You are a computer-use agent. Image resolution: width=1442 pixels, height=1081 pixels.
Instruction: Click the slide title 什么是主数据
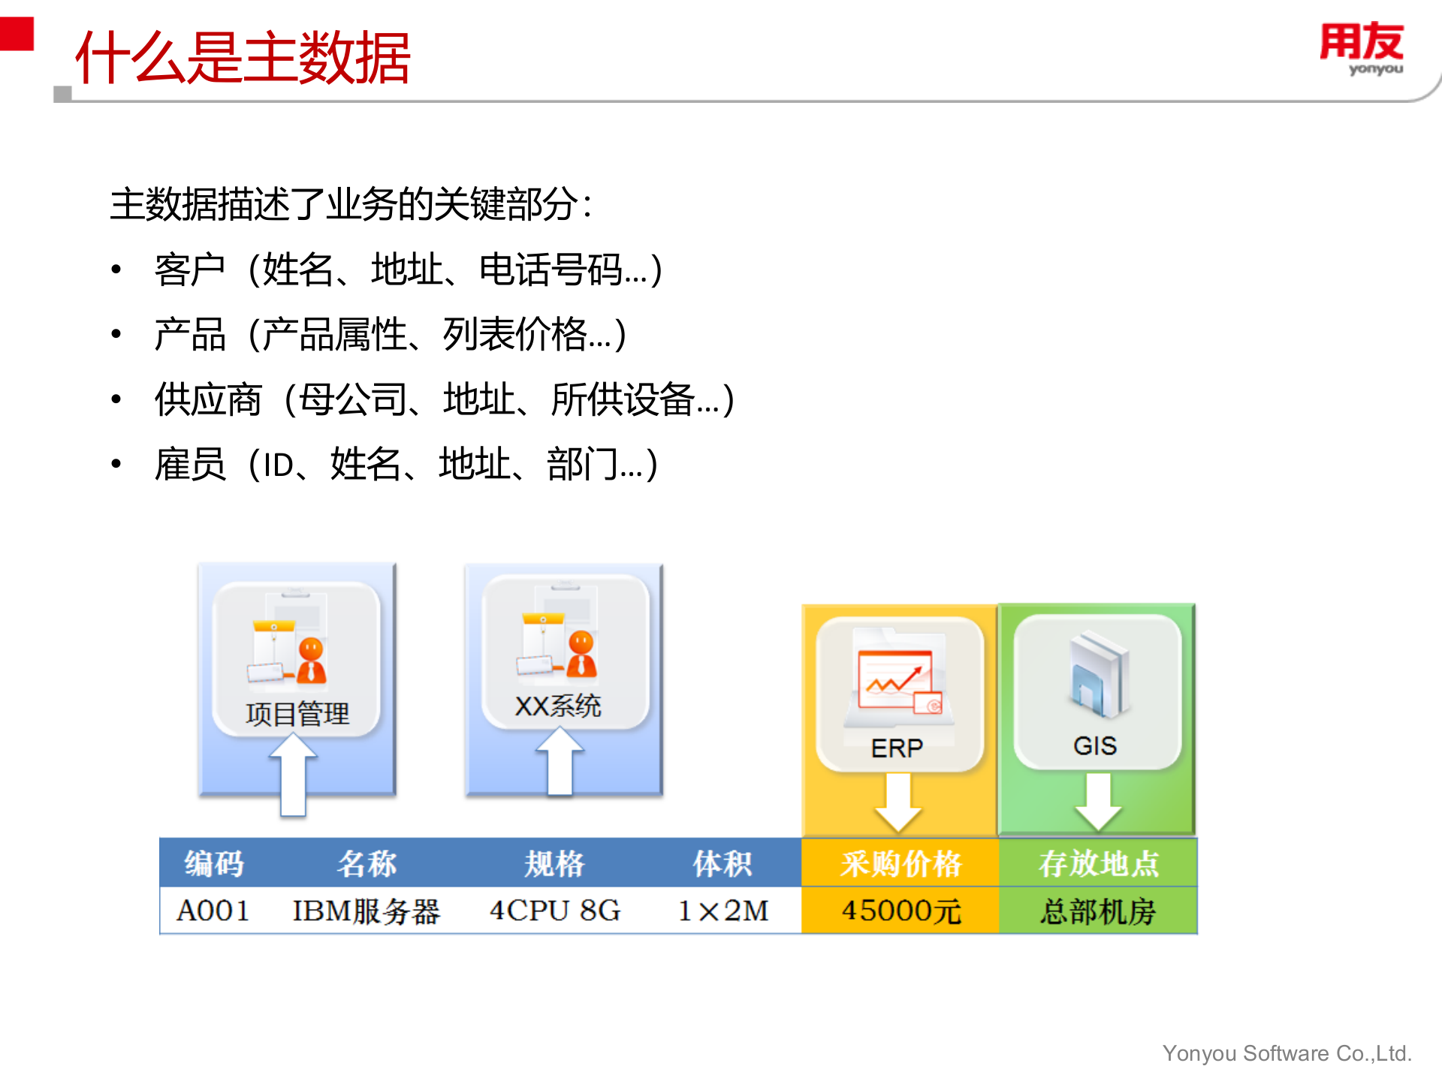(x=243, y=58)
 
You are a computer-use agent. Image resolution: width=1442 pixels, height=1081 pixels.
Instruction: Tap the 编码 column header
(x=214, y=863)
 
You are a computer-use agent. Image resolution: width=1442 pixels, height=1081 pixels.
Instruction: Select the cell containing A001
(x=213, y=911)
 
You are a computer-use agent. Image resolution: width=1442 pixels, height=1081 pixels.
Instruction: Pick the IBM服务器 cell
(x=366, y=911)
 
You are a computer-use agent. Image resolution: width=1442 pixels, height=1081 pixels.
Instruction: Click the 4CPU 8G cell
(x=555, y=911)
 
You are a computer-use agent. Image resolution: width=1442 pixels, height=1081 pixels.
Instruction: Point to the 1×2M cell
(x=723, y=911)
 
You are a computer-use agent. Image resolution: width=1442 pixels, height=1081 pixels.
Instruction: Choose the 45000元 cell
(x=900, y=911)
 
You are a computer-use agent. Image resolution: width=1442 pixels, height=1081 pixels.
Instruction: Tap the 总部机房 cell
(x=1097, y=911)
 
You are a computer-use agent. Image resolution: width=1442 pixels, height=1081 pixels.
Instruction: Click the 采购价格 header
(x=900, y=863)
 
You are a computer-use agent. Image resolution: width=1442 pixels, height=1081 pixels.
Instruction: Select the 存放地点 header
(x=1098, y=863)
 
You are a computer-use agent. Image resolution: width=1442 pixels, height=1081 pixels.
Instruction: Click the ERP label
(x=897, y=748)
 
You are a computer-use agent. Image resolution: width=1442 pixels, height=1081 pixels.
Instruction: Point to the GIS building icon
(x=1099, y=674)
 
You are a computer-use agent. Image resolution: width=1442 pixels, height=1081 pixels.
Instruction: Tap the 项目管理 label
(x=297, y=714)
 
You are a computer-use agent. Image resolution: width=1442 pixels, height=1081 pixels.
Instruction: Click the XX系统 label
(x=557, y=706)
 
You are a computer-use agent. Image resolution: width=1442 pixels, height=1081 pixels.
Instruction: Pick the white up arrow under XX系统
(x=560, y=762)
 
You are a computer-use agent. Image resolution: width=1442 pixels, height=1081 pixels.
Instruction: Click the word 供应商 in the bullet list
(x=208, y=399)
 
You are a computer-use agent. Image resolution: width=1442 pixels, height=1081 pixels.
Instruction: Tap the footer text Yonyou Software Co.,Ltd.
(x=1287, y=1053)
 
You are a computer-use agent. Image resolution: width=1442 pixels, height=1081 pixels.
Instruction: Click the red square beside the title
(x=17, y=34)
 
